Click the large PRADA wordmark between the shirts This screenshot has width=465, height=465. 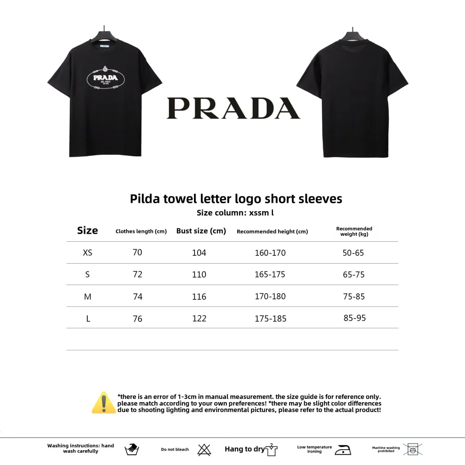[x=233, y=108]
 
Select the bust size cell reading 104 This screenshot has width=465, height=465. [x=199, y=253]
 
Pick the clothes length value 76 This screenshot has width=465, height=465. [x=138, y=319]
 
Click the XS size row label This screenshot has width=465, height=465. [x=87, y=253]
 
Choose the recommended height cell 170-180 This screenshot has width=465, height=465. [x=270, y=296]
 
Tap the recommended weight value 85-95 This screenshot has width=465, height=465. [x=354, y=318]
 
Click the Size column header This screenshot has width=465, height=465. [x=87, y=231]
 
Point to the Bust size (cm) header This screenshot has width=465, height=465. [x=201, y=231]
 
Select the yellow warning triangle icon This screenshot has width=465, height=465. [x=104, y=403]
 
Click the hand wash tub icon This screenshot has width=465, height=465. [x=132, y=449]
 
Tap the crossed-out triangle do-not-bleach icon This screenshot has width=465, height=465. [x=204, y=449]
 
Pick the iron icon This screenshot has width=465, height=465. [x=344, y=449]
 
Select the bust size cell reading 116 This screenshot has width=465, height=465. [x=199, y=296]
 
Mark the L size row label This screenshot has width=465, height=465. [x=87, y=319]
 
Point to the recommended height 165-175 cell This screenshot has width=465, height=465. [x=270, y=274]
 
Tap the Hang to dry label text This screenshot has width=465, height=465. [x=245, y=449]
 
